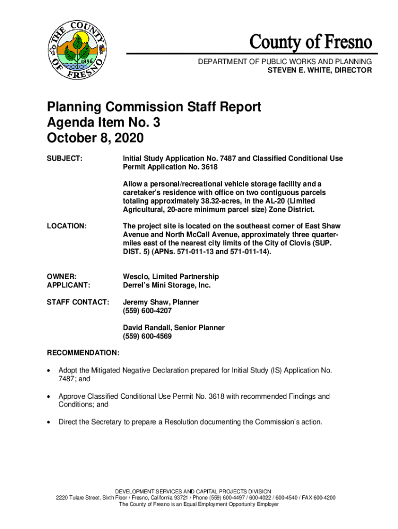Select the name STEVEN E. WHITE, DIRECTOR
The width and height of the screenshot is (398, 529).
pyautogui.click(x=319, y=70)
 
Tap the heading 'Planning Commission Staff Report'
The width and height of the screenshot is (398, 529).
pyautogui.click(x=154, y=107)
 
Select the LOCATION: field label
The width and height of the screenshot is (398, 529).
pyautogui.click(x=67, y=226)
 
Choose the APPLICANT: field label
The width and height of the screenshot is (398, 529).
pyautogui.click(x=69, y=285)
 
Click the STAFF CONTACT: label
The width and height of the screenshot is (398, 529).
pyautogui.click(x=78, y=302)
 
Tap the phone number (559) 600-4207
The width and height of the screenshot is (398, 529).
pyautogui.click(x=147, y=311)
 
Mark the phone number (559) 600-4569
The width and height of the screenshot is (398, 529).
pyautogui.click(x=147, y=336)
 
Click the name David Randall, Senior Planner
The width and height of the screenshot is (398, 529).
pyautogui.click(x=174, y=328)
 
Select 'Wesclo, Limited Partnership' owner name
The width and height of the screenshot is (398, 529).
pyautogui.click(x=171, y=276)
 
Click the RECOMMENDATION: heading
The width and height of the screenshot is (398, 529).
pyautogui.click(x=83, y=353)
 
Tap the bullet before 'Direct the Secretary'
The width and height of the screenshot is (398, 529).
pyautogui.click(x=49, y=423)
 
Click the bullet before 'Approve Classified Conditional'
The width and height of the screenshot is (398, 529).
pyautogui.click(x=49, y=397)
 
